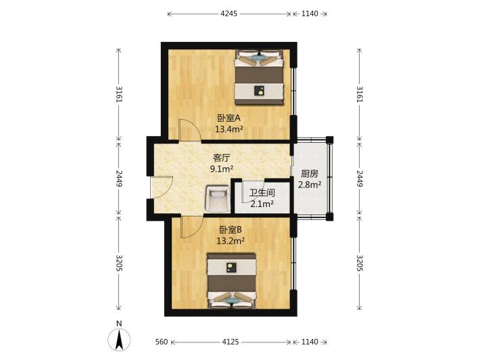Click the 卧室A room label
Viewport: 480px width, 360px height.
coord(229,118)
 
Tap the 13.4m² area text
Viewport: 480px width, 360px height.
coord(229,129)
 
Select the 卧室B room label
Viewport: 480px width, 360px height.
coord(231,230)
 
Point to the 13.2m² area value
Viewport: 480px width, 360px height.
coord(231,241)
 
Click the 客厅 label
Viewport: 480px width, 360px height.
coord(222,158)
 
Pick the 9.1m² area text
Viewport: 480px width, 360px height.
coord(222,168)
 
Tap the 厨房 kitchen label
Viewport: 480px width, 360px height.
coord(310,174)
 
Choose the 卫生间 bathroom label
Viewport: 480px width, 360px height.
coord(262,193)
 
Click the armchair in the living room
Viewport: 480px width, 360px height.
coord(218,199)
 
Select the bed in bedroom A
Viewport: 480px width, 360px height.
coord(259,78)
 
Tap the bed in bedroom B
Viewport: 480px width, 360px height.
coord(231,280)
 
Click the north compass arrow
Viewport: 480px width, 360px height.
coord(119,339)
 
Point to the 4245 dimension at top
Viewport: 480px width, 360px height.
coord(229,14)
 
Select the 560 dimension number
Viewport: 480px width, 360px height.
coord(162,342)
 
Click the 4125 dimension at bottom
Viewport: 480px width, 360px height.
coord(231,342)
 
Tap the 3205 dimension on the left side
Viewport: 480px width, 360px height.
coord(119,263)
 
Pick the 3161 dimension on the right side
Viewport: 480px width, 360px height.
coord(360,94)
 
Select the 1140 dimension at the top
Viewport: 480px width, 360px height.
coord(310,14)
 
